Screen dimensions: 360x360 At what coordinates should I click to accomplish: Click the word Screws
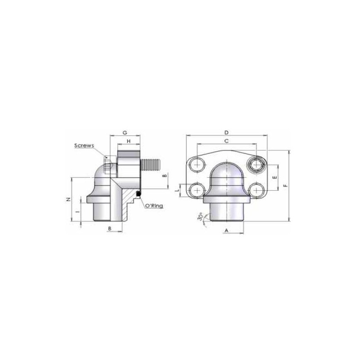point(84,145)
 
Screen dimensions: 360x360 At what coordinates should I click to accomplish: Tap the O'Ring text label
point(154,206)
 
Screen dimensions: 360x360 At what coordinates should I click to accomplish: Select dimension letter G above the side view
point(125,133)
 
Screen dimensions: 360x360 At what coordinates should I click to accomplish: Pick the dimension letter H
point(129,141)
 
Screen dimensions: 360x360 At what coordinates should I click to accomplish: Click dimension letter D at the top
point(226,132)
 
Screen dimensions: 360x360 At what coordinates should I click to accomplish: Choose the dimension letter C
point(226,141)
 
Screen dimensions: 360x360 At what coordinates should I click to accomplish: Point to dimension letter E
point(274,177)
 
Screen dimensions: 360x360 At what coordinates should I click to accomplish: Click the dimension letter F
point(285,185)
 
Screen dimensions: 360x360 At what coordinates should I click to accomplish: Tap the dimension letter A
point(226,230)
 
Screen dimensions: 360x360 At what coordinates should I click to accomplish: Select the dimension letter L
point(177,190)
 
